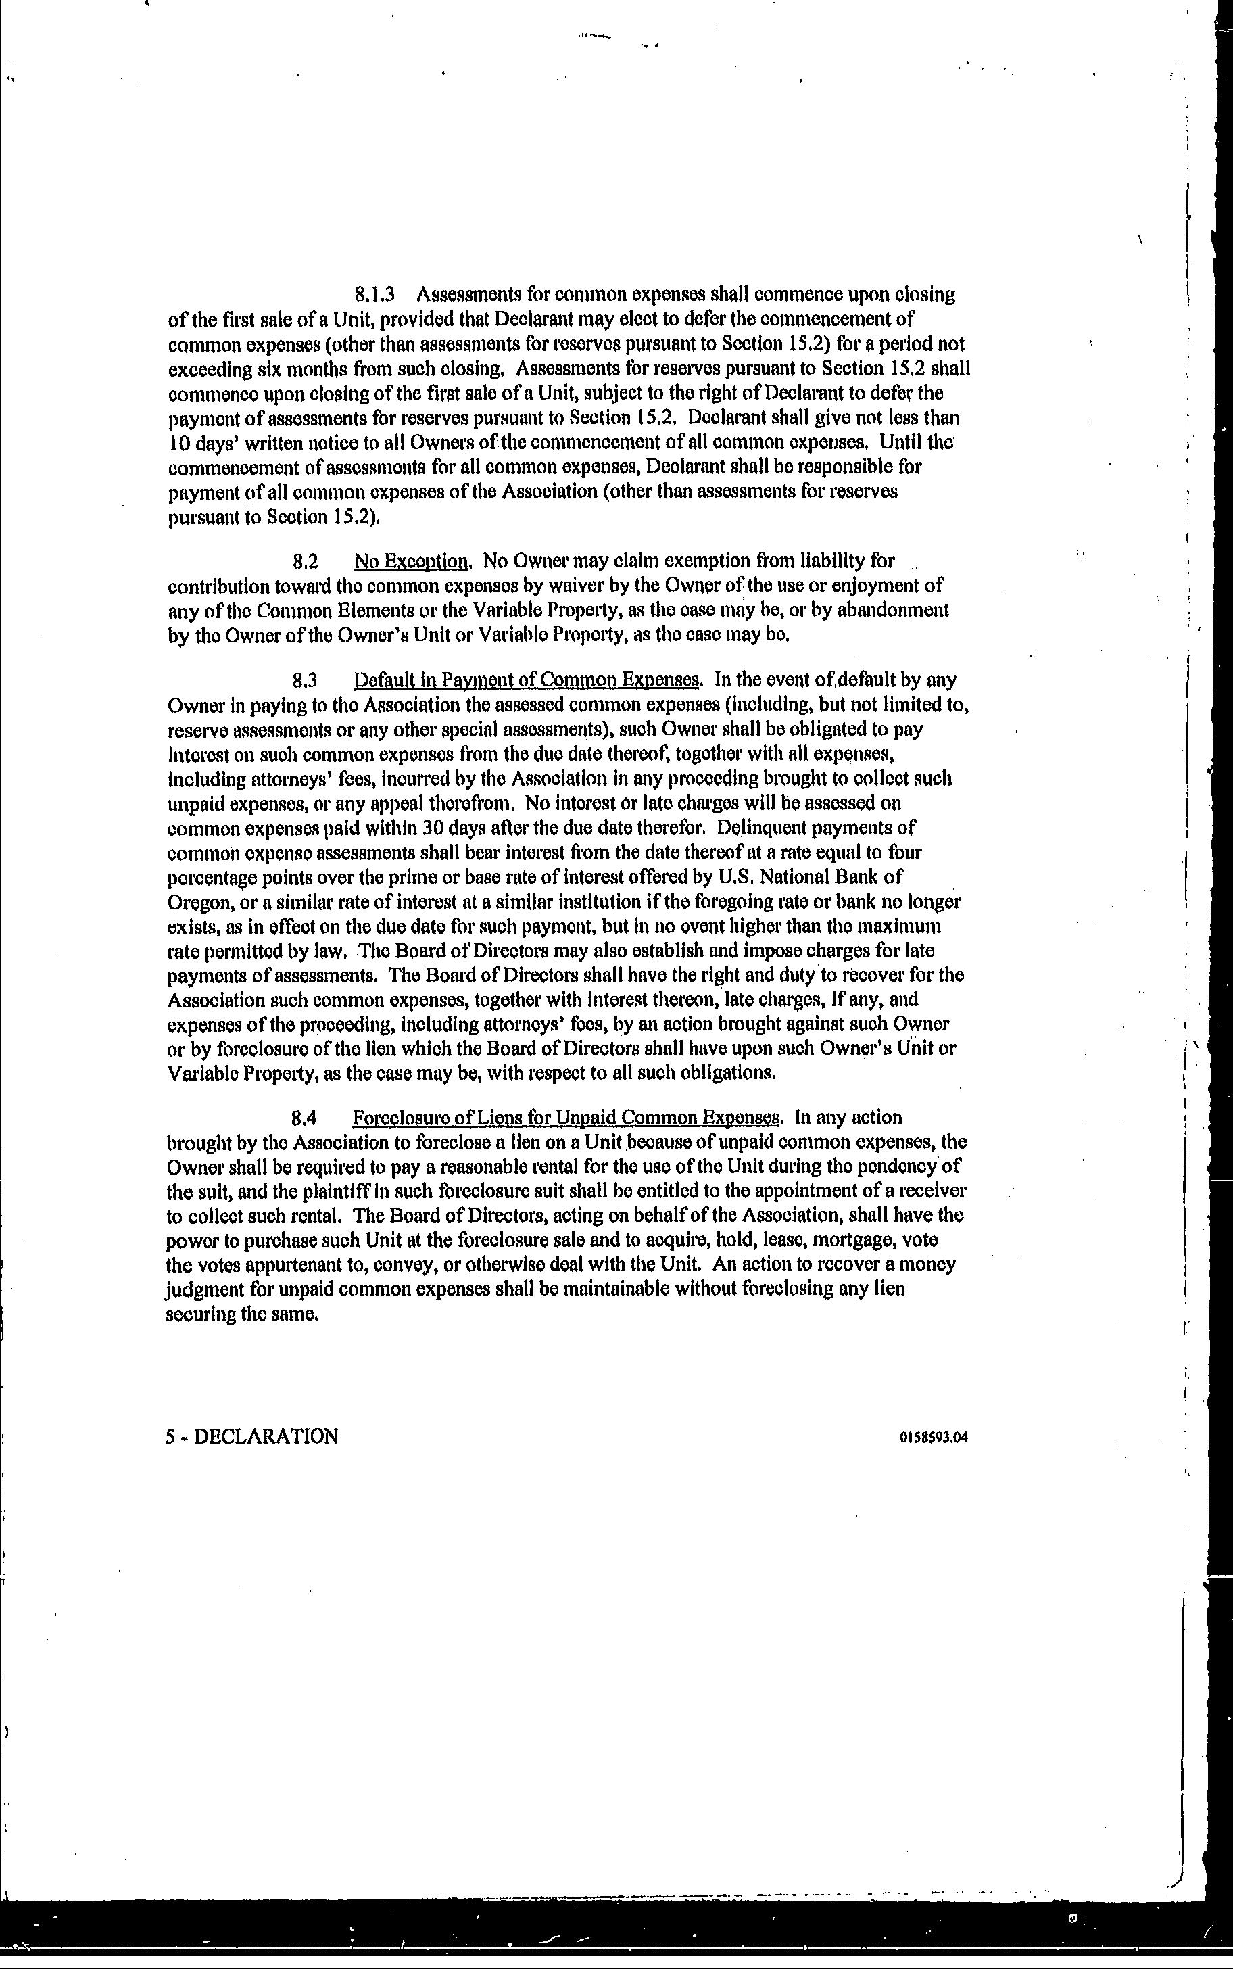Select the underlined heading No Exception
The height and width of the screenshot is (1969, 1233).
(412, 561)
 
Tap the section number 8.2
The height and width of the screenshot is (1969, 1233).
(305, 561)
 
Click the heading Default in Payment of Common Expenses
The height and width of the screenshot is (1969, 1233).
(527, 680)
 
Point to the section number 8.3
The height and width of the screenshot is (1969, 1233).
(305, 680)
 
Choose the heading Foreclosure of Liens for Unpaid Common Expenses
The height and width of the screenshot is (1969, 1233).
(566, 1118)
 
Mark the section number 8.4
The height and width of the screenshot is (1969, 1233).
(305, 1118)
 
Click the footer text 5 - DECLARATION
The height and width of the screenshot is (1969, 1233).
(252, 1436)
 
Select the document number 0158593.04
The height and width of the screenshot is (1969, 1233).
(933, 1437)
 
